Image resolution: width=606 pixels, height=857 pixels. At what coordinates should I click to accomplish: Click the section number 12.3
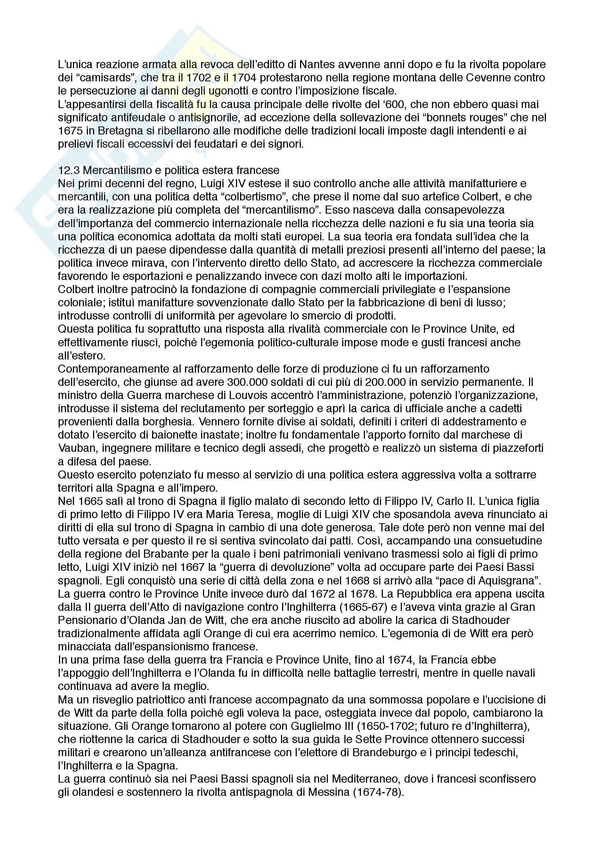69,171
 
